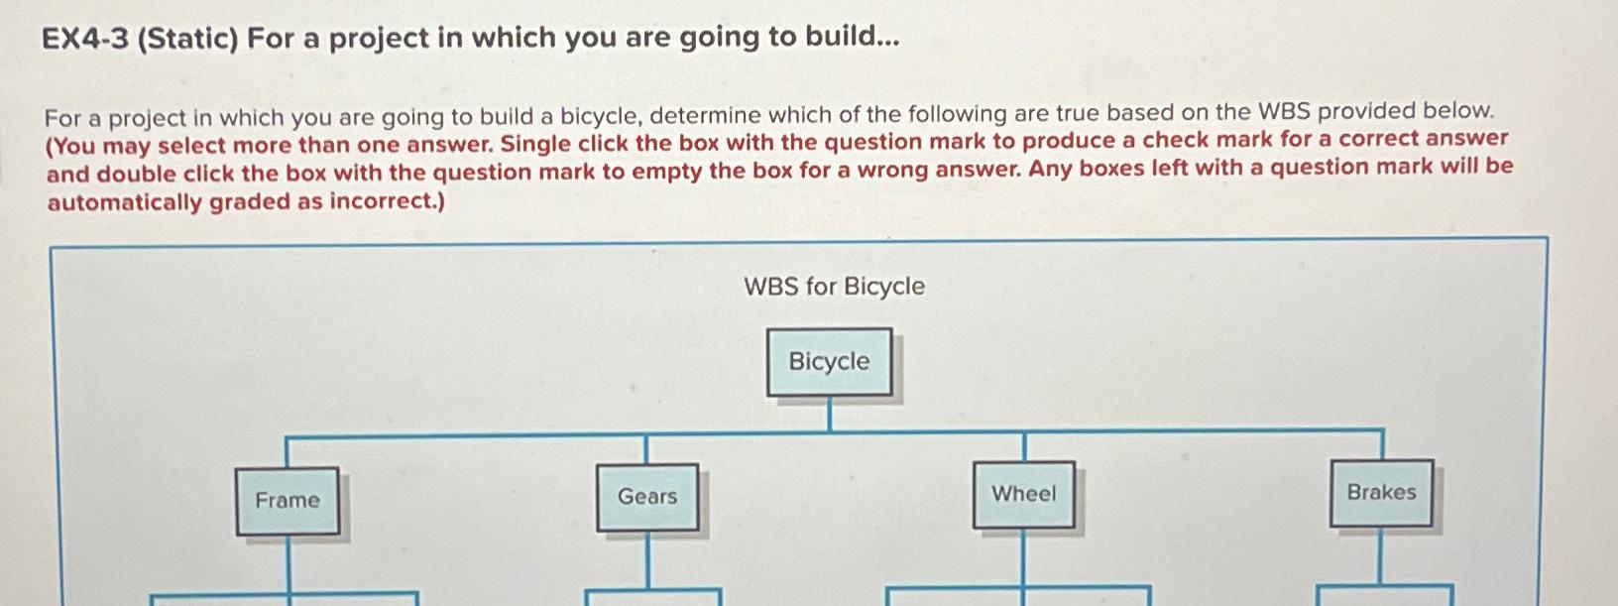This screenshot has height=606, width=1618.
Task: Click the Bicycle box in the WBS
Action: pyautogui.click(x=829, y=362)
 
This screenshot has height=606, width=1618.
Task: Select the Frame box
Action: pyautogui.click(x=288, y=501)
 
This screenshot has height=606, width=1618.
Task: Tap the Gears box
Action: pyautogui.click(x=647, y=497)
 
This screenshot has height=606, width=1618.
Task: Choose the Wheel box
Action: pyautogui.click(x=1023, y=495)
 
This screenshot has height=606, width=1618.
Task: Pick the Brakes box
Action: pyautogui.click(x=1382, y=493)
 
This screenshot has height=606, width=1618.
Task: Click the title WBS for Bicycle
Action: pyautogui.click(x=835, y=286)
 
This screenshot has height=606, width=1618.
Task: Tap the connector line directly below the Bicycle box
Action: pyautogui.click(x=829, y=415)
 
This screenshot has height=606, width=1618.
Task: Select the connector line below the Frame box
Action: pyautogui.click(x=289, y=564)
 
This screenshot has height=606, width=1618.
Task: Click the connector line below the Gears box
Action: pyautogui.click(x=648, y=559)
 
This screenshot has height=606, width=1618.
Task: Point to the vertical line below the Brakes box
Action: pyautogui.click(x=1381, y=555)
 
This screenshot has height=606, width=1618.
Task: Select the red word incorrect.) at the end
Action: pyautogui.click(x=388, y=200)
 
